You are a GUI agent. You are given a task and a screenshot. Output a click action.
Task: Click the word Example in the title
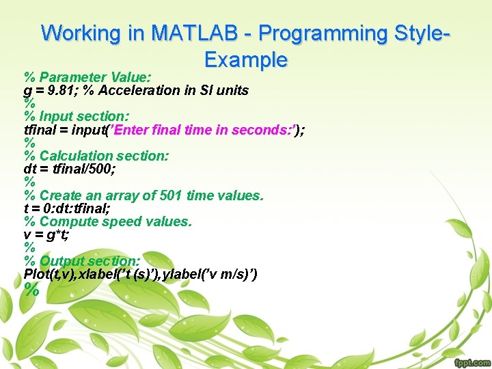pyautogui.click(x=246, y=59)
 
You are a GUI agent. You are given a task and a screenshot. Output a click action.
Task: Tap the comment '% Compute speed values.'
pyautogui.click(x=108, y=221)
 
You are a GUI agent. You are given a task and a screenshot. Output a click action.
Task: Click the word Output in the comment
pyautogui.click(x=62, y=261)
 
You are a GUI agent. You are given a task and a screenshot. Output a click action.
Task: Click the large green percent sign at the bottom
pyautogui.click(x=31, y=290)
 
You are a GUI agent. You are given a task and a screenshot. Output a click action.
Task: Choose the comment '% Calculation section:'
pyautogui.click(x=96, y=156)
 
